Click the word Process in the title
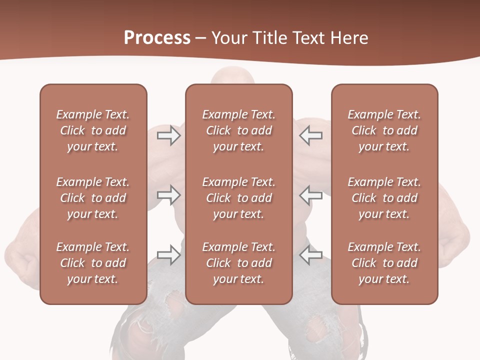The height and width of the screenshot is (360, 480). (157, 38)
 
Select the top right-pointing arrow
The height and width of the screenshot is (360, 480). (168, 135)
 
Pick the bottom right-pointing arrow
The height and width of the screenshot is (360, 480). (168, 254)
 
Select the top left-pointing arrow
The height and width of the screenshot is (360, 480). (311, 135)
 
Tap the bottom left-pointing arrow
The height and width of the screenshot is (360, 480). (311, 254)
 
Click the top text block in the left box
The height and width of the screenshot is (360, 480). (93, 130)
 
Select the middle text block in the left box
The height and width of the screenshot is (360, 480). (93, 198)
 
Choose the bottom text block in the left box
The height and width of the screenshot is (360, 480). (93, 263)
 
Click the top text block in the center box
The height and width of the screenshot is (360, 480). (238, 130)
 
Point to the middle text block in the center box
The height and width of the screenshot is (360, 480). (238, 198)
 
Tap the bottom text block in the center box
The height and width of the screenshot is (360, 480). (238, 263)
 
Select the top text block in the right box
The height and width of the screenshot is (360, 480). (384, 130)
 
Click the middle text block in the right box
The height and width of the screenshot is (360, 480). (384, 198)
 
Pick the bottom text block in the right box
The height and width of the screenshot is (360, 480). (384, 263)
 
